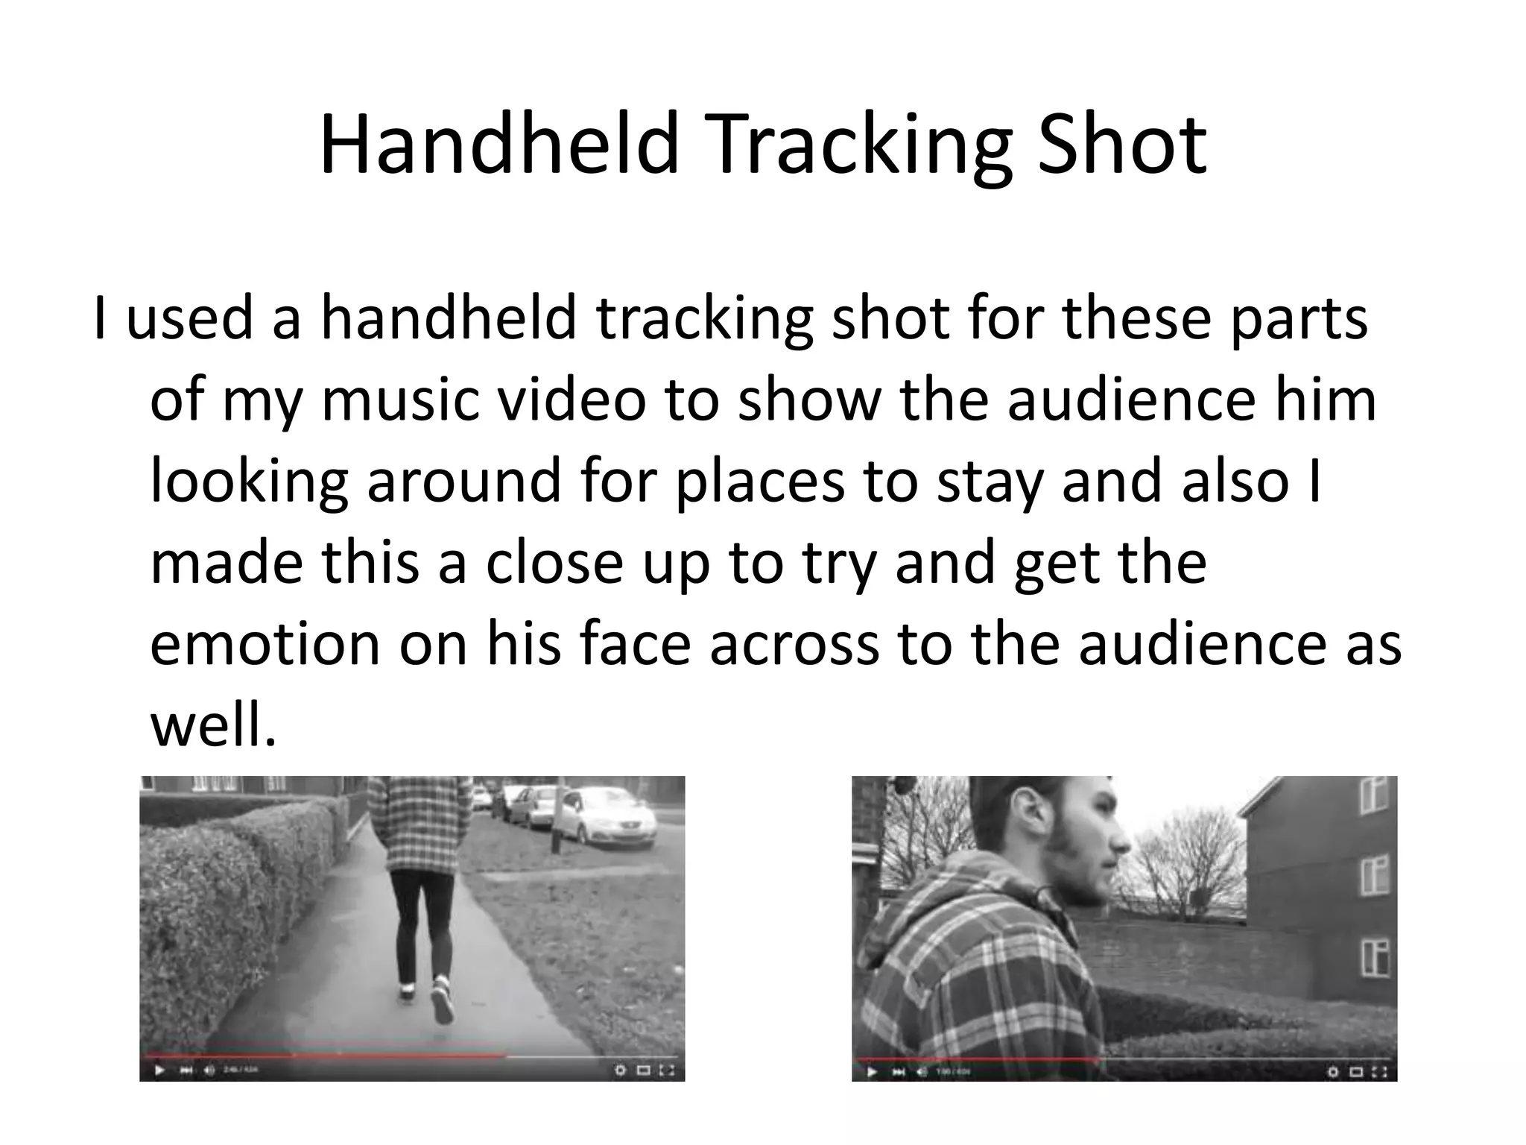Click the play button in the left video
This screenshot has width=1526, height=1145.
pos(159,1071)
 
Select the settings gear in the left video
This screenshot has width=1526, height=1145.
pos(619,1071)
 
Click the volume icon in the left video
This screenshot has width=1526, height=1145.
pos(209,1071)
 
